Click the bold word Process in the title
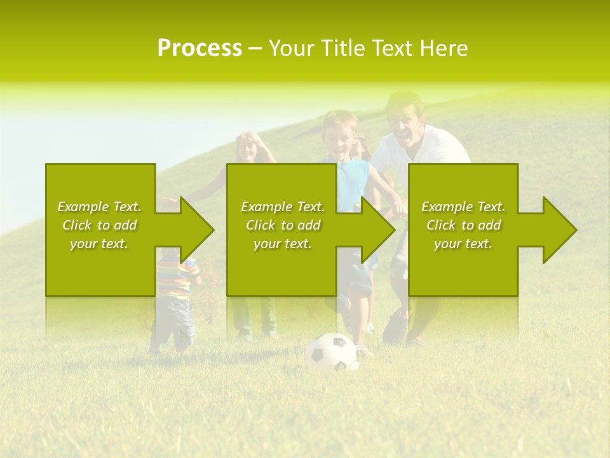200,48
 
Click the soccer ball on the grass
331,353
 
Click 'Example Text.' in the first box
99,207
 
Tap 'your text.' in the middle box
282,244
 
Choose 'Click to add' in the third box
464,225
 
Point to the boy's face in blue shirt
339,135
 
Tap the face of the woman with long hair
248,148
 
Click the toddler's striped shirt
176,280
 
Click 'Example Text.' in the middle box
283,207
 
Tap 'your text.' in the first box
99,244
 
